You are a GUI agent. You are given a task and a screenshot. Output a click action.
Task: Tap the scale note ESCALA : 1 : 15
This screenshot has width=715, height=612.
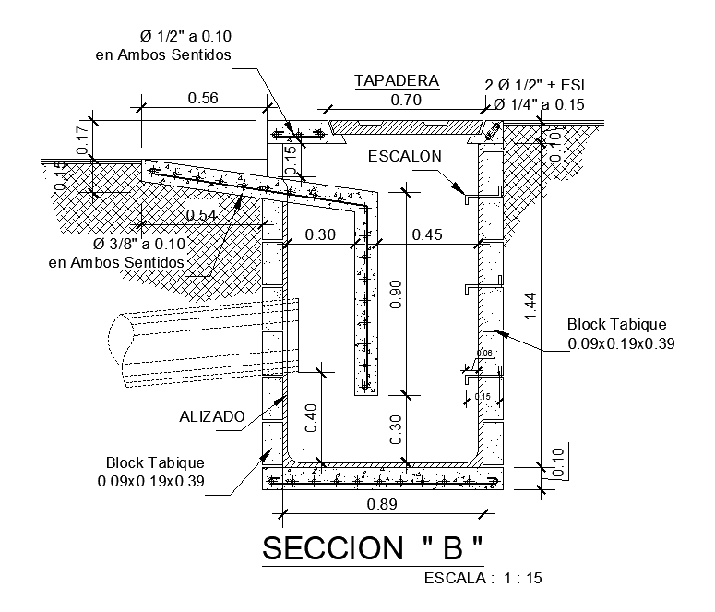tap(483, 580)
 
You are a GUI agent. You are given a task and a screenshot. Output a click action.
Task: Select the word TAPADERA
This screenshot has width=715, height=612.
tap(396, 81)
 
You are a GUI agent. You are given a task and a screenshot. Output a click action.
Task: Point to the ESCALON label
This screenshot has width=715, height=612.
tap(406, 157)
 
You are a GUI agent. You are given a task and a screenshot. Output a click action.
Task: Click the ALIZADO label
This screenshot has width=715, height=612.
tap(211, 417)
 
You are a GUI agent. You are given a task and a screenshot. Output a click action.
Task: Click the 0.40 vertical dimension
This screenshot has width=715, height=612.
tap(311, 417)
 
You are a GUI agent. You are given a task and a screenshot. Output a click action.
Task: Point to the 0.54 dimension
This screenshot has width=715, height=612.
tap(202, 215)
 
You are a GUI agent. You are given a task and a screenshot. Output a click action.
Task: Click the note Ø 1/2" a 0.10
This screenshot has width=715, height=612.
tap(185, 37)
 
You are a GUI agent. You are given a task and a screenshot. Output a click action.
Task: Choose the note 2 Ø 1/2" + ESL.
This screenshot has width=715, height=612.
tap(540, 85)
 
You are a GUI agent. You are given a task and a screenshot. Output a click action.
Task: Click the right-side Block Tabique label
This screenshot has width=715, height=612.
tap(615, 325)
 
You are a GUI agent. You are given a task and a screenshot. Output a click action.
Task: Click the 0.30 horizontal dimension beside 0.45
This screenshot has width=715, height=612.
tap(319, 235)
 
